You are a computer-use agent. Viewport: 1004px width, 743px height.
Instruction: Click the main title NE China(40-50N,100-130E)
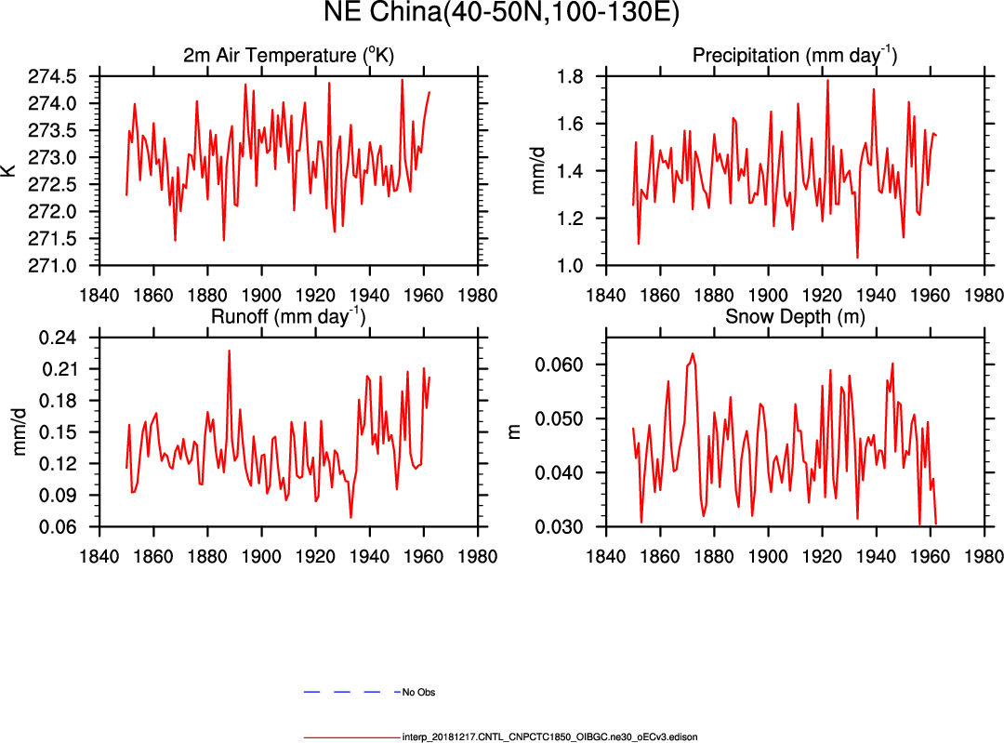[x=502, y=13]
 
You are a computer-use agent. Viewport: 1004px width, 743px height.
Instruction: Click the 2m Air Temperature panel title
[x=288, y=56]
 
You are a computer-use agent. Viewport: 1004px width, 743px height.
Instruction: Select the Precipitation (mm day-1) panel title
[x=794, y=56]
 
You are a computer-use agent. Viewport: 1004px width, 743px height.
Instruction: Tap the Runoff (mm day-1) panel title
[x=288, y=316]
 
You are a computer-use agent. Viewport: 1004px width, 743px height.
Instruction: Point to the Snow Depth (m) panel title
[x=794, y=317]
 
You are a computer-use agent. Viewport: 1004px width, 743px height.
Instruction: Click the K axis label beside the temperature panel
[x=9, y=170]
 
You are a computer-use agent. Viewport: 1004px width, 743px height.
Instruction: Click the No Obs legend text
[x=418, y=693]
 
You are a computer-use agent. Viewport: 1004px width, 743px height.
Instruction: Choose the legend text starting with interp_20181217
[x=549, y=736]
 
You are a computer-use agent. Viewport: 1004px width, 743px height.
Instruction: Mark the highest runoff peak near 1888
[x=229, y=351]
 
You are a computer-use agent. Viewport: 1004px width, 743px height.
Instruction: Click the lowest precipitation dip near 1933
[x=857, y=258]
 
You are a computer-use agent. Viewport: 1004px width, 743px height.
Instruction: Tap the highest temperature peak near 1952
[x=402, y=80]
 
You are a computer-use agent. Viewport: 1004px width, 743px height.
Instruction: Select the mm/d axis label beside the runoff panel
[x=19, y=431]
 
